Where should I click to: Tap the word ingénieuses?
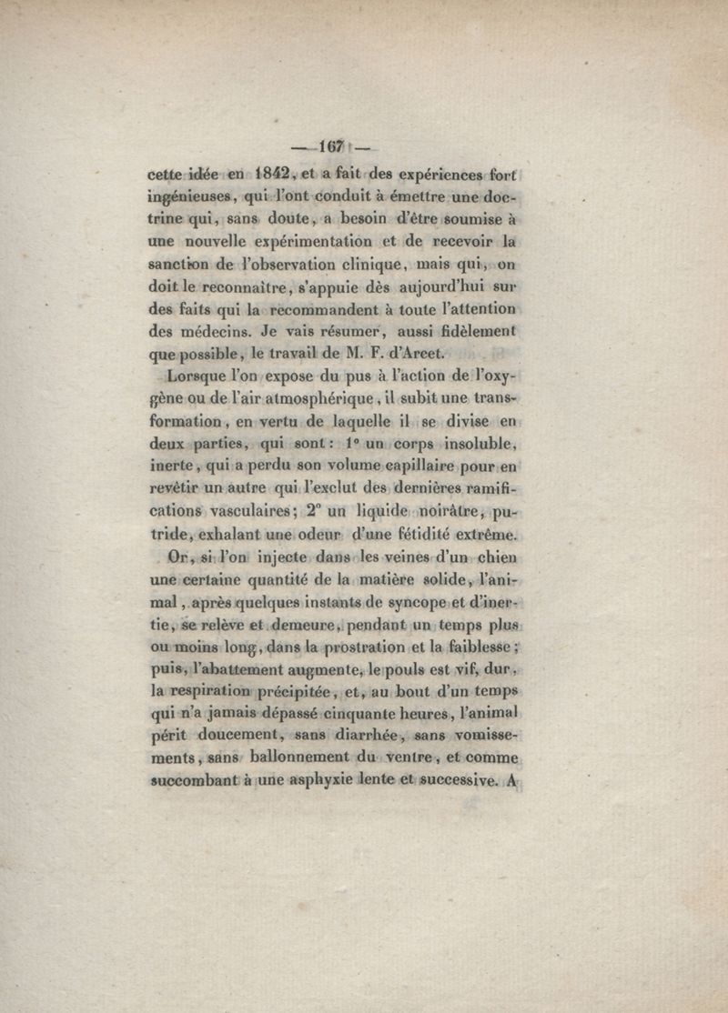click(x=191, y=197)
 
